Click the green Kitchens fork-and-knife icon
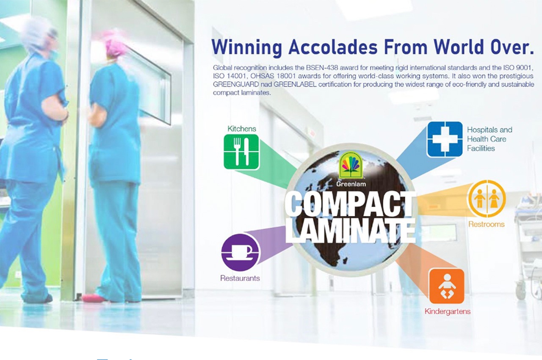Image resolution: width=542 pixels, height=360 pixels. pyautogui.click(x=241, y=152)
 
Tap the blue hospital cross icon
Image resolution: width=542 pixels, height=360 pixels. pyautogui.click(x=445, y=139)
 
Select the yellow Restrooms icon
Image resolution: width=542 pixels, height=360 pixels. pyautogui.click(x=487, y=199)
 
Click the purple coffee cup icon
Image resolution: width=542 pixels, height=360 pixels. pyautogui.click(x=240, y=252)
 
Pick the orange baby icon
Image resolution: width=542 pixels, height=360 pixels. pyautogui.click(x=447, y=286)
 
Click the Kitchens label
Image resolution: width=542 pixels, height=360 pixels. pyautogui.click(x=242, y=129)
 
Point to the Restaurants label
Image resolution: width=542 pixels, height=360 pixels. pyautogui.click(x=240, y=278)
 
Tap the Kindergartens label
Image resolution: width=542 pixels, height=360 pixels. pyautogui.click(x=448, y=311)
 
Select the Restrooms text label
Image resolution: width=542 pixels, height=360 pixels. pyautogui.click(x=487, y=224)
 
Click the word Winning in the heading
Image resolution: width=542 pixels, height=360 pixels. pyautogui.click(x=247, y=47)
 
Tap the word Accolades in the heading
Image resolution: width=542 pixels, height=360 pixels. pyautogui.click(x=333, y=47)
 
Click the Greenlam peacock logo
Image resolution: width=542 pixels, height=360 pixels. pyautogui.click(x=351, y=166)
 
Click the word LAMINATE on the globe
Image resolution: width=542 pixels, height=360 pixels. pyautogui.click(x=350, y=230)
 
